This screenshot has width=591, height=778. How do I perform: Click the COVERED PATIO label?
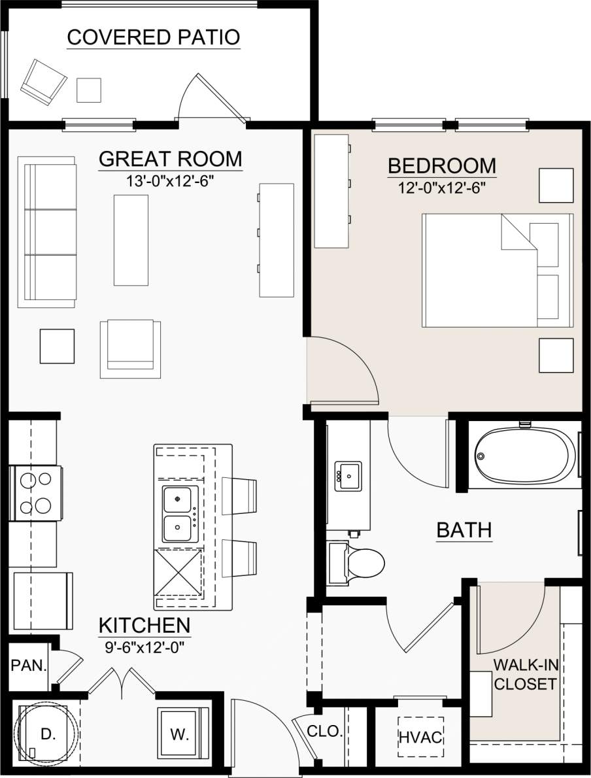pos(154,37)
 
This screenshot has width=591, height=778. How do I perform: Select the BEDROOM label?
pos(442,166)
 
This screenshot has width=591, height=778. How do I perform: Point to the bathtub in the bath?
pos(524,454)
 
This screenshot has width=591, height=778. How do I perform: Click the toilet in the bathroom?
pos(356,562)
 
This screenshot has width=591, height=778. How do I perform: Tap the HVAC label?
pos(421,737)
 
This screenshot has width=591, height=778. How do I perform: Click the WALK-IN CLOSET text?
pos(525,675)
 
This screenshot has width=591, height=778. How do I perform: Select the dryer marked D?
pos(47,734)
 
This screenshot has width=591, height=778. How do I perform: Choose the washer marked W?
pos(180,734)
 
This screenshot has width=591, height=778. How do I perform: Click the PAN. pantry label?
pos(29,666)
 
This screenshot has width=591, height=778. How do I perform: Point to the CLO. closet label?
pos(324,732)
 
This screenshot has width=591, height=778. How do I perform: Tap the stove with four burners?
pos(36,493)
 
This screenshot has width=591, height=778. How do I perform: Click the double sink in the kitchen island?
pos(180,514)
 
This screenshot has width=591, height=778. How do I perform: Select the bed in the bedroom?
pos(497,269)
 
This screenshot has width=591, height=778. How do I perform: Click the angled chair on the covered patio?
pos(44,81)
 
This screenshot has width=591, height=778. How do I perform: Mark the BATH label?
pos(464,530)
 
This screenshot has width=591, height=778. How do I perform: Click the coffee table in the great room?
pos(131,240)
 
